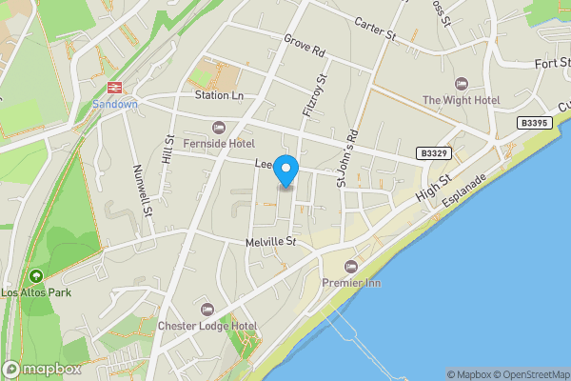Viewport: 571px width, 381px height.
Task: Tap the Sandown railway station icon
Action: point(115,87)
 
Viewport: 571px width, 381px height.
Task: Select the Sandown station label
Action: point(115,103)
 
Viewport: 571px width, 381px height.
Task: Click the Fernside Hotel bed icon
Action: point(218,128)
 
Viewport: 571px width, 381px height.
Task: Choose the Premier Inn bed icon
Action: point(350,267)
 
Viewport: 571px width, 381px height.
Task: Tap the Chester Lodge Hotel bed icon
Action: point(207,310)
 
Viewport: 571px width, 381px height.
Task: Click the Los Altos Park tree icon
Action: point(36,276)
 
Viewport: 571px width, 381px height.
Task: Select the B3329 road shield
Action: point(434,152)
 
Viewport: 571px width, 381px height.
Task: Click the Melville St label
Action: point(270,242)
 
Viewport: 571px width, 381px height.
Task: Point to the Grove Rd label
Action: point(305,43)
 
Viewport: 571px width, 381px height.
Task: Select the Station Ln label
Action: point(219,95)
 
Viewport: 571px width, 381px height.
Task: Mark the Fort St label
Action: point(549,64)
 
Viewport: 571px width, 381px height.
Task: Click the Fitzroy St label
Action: point(314,95)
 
